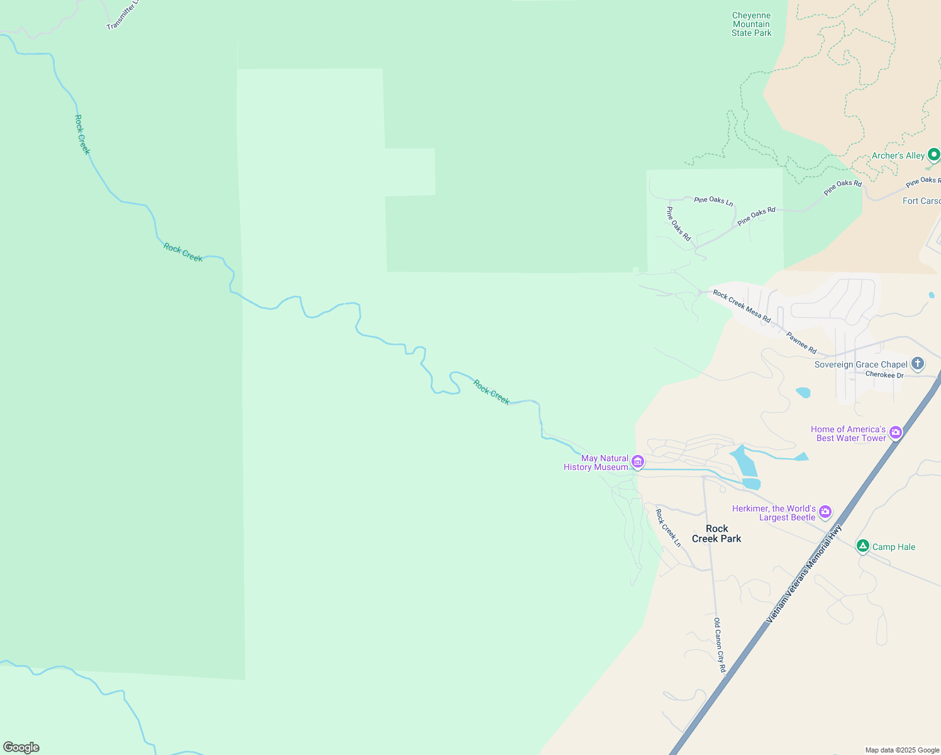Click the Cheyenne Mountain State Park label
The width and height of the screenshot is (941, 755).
[x=751, y=25]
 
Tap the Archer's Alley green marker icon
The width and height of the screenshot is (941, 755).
[x=934, y=154]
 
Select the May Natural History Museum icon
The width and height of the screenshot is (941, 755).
[x=638, y=462]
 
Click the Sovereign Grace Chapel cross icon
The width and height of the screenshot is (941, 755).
[x=918, y=364]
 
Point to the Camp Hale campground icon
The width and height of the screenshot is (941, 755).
[x=863, y=546]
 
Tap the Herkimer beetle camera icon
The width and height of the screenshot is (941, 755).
[x=825, y=512]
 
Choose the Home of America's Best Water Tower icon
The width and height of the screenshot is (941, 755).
[x=896, y=433]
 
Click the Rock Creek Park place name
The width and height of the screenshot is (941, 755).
[x=716, y=534]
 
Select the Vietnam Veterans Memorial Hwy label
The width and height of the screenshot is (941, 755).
[x=803, y=574]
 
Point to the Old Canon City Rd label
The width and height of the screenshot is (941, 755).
[x=720, y=645]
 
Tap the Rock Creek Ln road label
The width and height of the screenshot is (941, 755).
[x=668, y=527]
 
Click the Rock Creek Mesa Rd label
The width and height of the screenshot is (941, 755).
[x=742, y=306]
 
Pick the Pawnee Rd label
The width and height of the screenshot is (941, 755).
[x=801, y=342]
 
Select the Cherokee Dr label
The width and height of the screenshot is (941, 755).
[x=884, y=375]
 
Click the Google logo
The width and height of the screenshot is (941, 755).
[x=21, y=747]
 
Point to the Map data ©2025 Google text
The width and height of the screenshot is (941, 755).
[x=902, y=750]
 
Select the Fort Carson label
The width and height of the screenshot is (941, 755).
[x=922, y=201]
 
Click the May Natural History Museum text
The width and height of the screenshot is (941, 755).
[x=596, y=462]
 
